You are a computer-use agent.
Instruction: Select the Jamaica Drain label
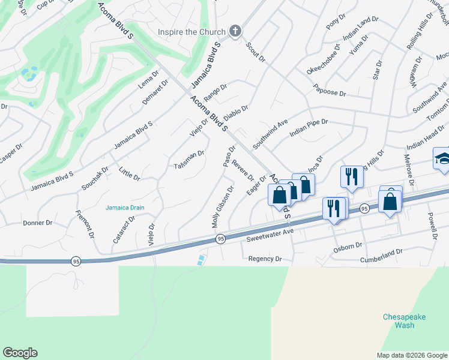[x=125, y=208]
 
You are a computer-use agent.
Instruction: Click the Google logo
[x=20, y=353]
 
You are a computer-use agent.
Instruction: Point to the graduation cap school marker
[x=442, y=159]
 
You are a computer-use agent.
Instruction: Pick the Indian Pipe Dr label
[x=308, y=128]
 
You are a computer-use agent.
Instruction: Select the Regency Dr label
[x=265, y=259]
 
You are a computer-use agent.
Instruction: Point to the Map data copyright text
[x=411, y=355]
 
